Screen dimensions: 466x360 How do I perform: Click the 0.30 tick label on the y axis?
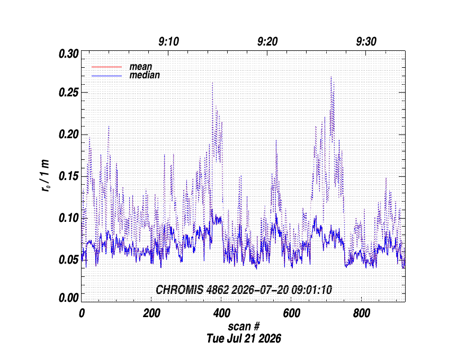69,54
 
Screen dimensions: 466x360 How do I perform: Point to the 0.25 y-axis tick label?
69,93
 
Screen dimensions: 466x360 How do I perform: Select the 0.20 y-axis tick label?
69,134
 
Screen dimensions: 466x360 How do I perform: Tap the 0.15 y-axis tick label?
69,176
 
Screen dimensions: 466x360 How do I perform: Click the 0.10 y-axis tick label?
69,218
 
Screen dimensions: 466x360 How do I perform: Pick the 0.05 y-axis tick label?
69,260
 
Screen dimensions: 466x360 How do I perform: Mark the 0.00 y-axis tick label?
69,298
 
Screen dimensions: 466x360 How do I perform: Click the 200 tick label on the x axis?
151,313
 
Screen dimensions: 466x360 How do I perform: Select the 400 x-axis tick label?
222,313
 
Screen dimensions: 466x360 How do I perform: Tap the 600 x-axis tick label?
292,313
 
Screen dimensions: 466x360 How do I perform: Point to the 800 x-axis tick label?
362,313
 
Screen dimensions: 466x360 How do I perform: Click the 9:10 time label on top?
168,42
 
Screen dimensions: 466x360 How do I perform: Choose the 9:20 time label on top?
267,42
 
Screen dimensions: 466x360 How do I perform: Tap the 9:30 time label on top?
366,42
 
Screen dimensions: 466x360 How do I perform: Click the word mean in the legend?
140,67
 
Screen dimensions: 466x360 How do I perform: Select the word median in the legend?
145,75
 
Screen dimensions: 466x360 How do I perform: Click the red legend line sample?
106,67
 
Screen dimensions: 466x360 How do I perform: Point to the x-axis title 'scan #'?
244,327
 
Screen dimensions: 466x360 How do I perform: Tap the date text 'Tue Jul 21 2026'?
244,339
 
